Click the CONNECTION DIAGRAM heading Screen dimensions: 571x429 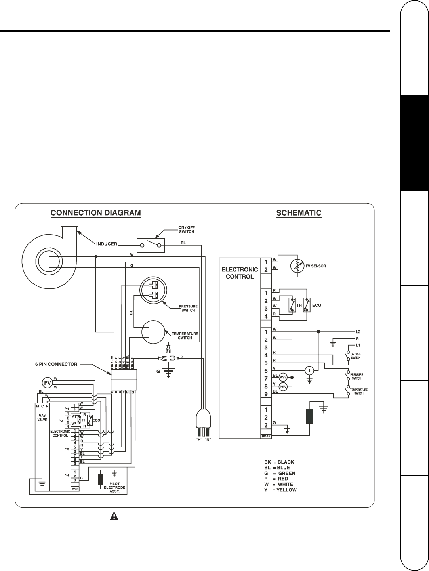[96, 213]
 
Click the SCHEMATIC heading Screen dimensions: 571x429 [298, 213]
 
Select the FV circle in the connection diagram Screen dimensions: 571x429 [47, 382]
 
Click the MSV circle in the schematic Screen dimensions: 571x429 [283, 376]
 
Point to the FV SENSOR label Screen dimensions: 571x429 [316, 266]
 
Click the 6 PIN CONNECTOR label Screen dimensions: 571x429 [56, 364]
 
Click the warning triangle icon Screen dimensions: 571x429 [114, 516]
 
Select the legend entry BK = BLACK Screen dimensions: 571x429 [279, 462]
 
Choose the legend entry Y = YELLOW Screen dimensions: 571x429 [280, 490]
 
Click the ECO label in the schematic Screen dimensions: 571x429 [317, 306]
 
